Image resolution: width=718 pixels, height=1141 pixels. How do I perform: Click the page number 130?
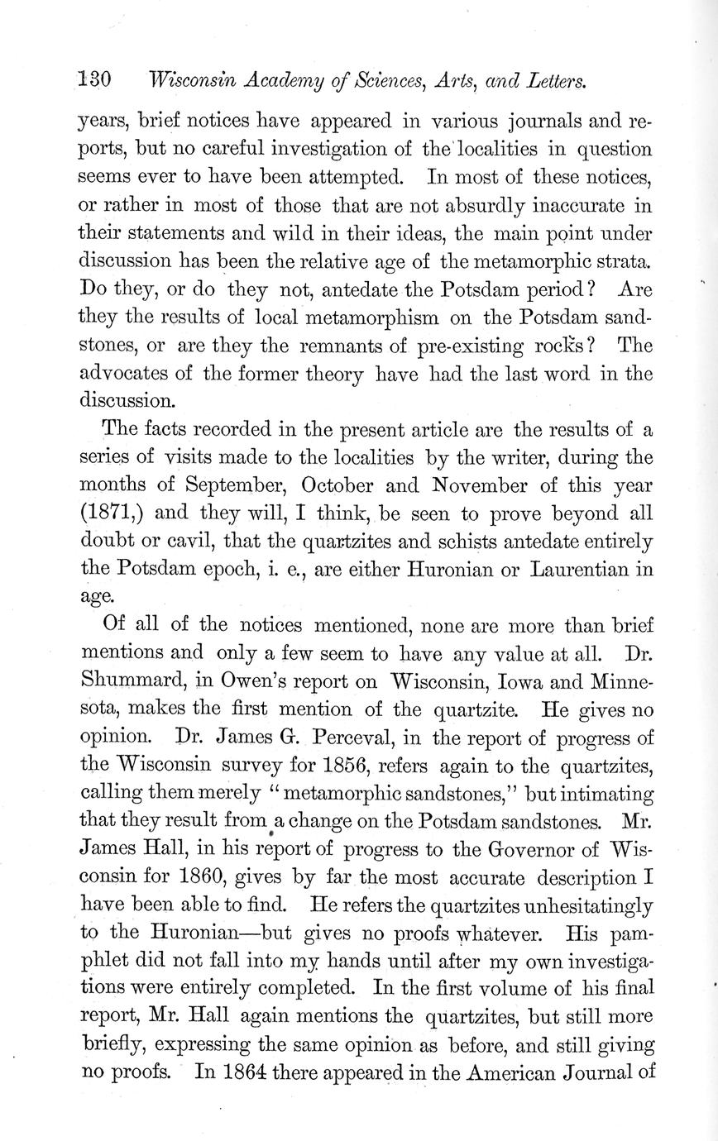[x=94, y=81]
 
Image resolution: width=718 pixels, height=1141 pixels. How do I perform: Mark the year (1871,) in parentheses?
[x=112, y=513]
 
